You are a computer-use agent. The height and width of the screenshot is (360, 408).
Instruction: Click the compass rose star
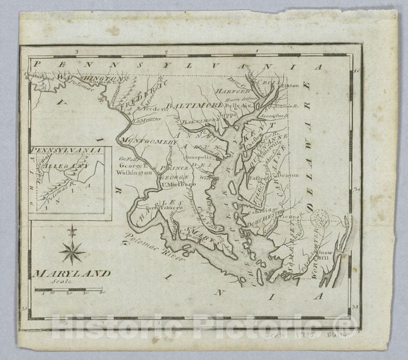[x=72, y=251]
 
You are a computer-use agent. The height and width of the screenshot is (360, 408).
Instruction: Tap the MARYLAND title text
[x=71, y=273]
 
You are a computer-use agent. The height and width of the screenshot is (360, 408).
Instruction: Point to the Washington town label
[x=133, y=173]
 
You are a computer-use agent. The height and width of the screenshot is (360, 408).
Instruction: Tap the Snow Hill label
[x=325, y=255]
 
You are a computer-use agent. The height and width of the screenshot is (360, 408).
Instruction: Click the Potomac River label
[x=152, y=248]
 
